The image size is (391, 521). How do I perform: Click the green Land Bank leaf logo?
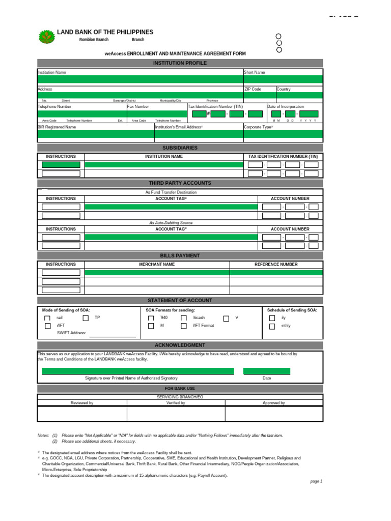47,37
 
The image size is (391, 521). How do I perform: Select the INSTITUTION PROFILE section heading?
180,63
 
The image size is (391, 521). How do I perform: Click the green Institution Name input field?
140,79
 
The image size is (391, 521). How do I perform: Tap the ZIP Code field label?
253,89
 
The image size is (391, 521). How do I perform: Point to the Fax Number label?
138,107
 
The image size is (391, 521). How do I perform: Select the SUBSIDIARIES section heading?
180,148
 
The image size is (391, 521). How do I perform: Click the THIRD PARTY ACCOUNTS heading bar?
180,183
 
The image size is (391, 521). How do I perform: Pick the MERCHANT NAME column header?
157,265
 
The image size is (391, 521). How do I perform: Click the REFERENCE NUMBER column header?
276,265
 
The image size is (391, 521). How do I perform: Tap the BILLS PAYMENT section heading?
180,255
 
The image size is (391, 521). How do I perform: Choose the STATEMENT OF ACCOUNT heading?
180,300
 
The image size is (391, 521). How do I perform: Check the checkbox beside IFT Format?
184,326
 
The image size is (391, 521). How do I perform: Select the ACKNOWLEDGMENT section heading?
180,345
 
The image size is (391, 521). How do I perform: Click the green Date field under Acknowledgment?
267,371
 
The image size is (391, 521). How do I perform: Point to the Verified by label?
176,403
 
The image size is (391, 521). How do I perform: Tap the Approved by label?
274,403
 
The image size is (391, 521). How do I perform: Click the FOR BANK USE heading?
180,389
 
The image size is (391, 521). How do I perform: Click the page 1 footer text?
316,481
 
